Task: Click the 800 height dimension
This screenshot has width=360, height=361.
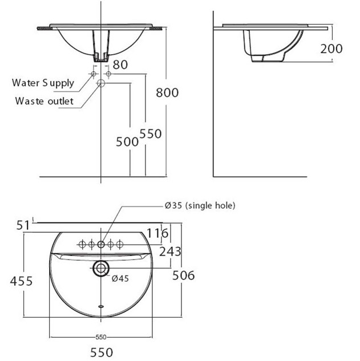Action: (167, 92)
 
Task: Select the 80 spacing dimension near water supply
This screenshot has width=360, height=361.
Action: (120, 64)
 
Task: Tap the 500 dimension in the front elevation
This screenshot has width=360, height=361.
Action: (127, 141)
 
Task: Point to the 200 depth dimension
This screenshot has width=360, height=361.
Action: (331, 48)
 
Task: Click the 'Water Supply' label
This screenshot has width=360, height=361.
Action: (43, 83)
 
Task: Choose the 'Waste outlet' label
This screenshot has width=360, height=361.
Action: (44, 101)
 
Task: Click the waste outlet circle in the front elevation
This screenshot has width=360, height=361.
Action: (101, 83)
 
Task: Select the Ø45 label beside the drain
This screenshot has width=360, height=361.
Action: (121, 278)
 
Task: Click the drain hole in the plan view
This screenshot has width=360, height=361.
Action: (102, 267)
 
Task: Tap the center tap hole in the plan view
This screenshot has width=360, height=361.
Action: (101, 245)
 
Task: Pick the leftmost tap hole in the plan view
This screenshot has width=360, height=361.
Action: (82, 245)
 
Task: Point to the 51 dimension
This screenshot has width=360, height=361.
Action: (23, 226)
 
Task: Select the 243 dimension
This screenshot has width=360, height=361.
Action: (171, 252)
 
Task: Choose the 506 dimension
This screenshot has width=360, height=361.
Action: (184, 275)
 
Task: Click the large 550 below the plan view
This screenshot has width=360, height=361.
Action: (102, 352)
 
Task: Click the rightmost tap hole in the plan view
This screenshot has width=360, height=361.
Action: (120, 245)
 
